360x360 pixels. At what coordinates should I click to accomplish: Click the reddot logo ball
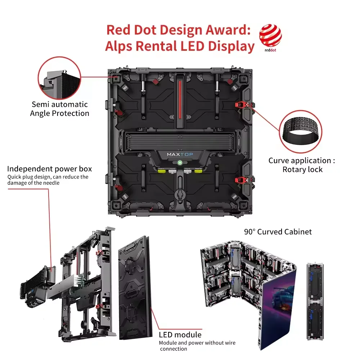pyautogui.click(x=270, y=35)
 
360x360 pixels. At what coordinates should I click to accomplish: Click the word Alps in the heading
pyautogui.click(x=121, y=46)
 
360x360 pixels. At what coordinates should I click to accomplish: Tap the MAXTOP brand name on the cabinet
pyautogui.click(x=180, y=154)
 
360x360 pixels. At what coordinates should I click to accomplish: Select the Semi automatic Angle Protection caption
pyautogui.click(x=60, y=109)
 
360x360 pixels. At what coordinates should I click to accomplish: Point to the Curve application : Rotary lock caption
pyautogui.click(x=302, y=165)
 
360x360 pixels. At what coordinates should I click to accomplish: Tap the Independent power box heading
pyautogui.click(x=49, y=169)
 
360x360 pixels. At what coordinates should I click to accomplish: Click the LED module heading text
pyautogui.click(x=180, y=335)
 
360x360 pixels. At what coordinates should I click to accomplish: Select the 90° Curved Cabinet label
pyautogui.click(x=278, y=231)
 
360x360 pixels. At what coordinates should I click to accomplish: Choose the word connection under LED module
pyautogui.click(x=174, y=349)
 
